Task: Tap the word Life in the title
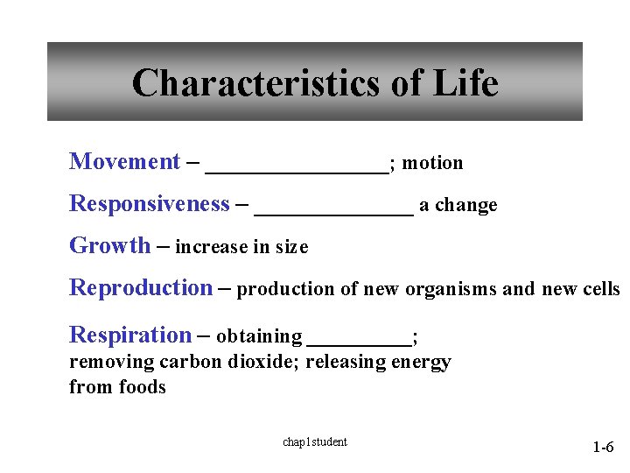[465, 83]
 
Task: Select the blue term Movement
[124, 162]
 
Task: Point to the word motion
[432, 163]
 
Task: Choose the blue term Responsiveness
[149, 204]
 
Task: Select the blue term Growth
[109, 246]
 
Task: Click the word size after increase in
[291, 248]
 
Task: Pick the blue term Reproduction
[141, 288]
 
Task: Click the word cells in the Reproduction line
[598, 290]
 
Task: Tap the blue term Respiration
[130, 335]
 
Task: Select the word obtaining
[259, 336]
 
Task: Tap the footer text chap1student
[314, 442]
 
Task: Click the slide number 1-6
[603, 448]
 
